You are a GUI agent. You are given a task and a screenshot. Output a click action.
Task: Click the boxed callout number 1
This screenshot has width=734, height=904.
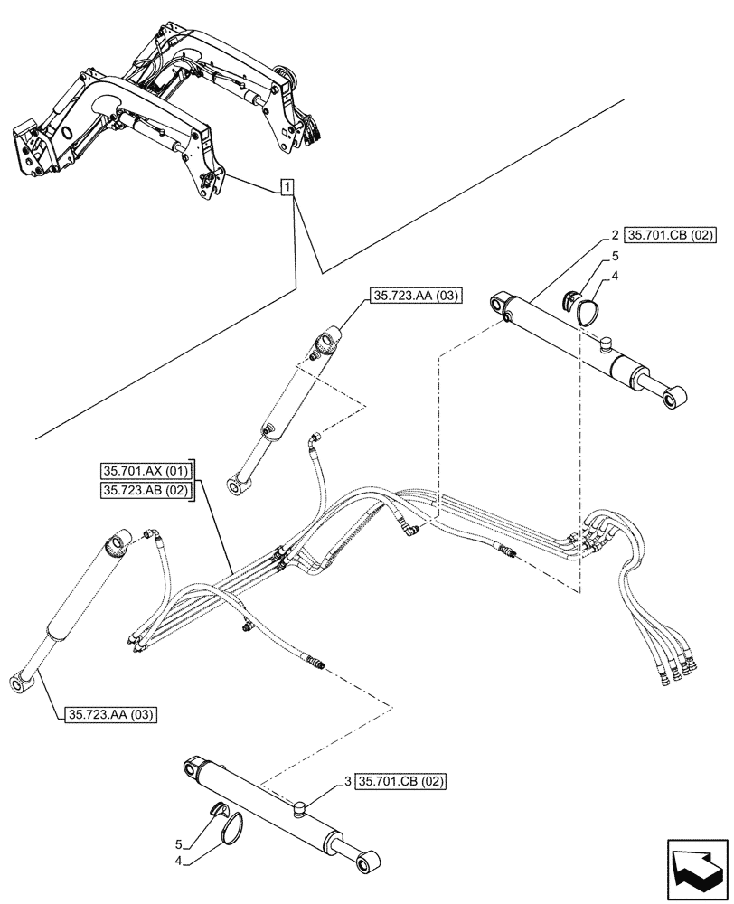click(x=287, y=188)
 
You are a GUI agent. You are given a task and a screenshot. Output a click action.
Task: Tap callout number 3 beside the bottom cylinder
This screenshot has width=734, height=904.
click(x=348, y=780)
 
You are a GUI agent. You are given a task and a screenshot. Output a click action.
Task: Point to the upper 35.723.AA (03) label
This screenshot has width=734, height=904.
click(x=412, y=294)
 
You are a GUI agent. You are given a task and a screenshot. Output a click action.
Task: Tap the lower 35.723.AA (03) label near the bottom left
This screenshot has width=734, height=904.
click(x=110, y=714)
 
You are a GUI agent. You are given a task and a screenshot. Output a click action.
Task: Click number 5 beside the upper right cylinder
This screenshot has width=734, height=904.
click(x=615, y=257)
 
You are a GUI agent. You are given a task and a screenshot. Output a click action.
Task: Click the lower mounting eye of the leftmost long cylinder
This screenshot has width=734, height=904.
click(x=21, y=682)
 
